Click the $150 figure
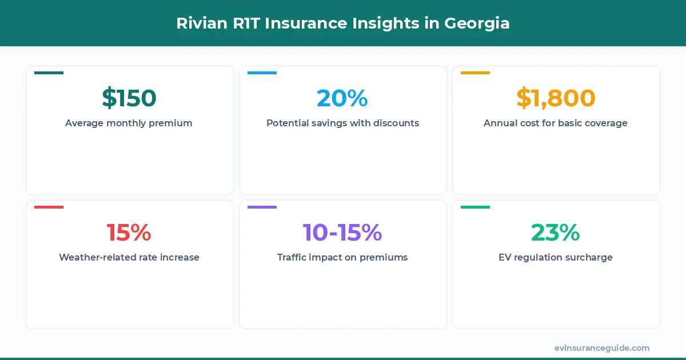pos(129,98)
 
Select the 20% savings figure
pos(342,98)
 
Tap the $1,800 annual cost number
pos(556,98)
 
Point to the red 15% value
pos(129,233)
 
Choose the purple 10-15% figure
pos(342,233)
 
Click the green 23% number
pos(556,233)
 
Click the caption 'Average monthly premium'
pos(129,123)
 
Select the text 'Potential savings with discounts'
pos(342,123)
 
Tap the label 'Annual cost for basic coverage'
pos(556,123)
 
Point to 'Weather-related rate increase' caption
pos(129,258)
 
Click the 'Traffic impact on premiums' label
pos(342,258)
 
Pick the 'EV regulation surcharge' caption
pos(556,258)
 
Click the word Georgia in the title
pos(478,24)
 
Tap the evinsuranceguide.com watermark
pos(602,348)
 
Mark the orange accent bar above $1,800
pos(475,73)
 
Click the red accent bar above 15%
pos(49,207)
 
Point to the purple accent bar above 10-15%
pos(262,207)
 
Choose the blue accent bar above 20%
pos(262,73)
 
